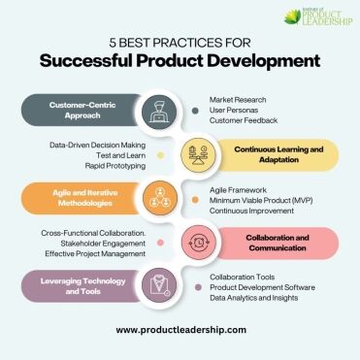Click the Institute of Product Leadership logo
tap(318, 17)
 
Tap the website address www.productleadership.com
tap(181, 330)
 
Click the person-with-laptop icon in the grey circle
tap(159, 112)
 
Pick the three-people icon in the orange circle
tap(160, 198)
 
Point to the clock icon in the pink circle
tap(198, 243)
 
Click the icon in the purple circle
tap(160, 285)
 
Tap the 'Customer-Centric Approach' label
tap(82, 111)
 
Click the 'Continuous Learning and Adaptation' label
tap(278, 154)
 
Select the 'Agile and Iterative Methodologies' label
tap(85, 198)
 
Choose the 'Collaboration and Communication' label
tap(278, 243)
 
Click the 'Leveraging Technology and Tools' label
tap(83, 286)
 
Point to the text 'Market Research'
tap(238, 100)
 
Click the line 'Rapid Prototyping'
tap(115, 166)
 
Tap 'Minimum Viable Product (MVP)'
tap(261, 201)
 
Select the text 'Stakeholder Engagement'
tap(103, 244)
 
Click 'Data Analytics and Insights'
tap(254, 298)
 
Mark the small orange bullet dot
tap(195, 200)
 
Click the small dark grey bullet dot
tap(195, 111)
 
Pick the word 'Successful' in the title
tap(85, 61)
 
